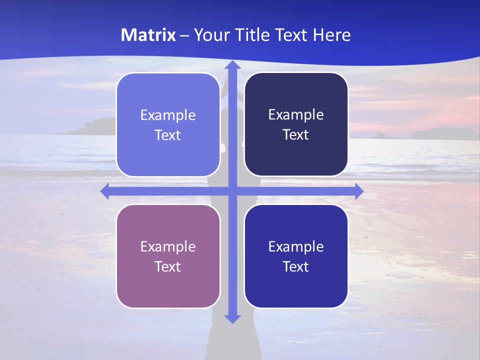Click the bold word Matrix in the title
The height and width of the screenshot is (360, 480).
coord(148,35)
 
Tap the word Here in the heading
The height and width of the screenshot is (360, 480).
coord(332,35)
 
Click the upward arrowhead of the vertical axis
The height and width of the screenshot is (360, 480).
coord(232,65)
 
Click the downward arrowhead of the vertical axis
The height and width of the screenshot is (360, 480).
coord(232,318)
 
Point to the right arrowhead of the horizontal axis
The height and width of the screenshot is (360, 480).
coord(358,191)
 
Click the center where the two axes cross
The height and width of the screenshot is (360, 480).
coord(232,191)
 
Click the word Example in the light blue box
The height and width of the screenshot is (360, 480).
coord(168,115)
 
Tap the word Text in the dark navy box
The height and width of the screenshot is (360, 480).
coord(296,135)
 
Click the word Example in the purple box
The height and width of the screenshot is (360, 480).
coord(168,246)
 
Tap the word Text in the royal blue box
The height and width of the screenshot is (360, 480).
coord(296,266)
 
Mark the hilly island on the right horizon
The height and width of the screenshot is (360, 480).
coord(440,133)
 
